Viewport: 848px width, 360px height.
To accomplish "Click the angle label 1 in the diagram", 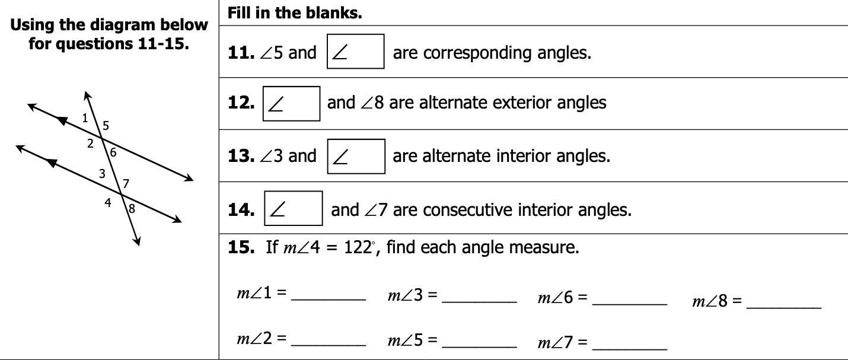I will coord(85,117).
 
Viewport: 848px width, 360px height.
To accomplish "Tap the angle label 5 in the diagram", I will coord(106,125).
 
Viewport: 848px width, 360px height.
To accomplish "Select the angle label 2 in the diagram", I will coord(90,143).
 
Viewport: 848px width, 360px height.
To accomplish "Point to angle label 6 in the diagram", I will coord(113,152).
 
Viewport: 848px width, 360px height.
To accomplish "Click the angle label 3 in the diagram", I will coord(102,174).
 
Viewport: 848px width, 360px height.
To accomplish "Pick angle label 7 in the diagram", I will coord(126,183).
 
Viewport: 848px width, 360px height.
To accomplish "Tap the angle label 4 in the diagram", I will coord(108,203).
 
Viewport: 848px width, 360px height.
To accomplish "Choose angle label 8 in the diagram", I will coord(131,209).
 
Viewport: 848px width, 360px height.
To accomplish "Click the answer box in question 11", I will coord(356,52).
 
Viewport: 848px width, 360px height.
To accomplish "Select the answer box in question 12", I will coord(291,103).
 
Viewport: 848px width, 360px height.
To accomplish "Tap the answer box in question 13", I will coord(356,156).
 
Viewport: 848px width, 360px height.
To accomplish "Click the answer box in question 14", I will coord(293,208).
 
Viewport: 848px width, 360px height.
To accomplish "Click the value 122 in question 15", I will coord(358,247).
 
